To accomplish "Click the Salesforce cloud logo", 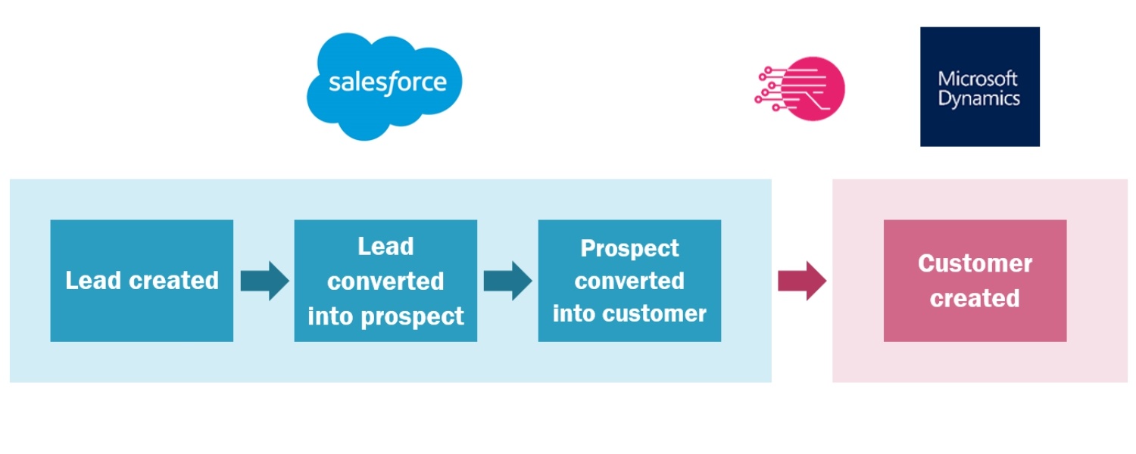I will pyautogui.click(x=384, y=85).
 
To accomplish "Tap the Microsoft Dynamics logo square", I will pyautogui.click(x=979, y=86).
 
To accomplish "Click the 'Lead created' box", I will pyautogui.click(x=142, y=281).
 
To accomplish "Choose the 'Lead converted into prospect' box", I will pyautogui.click(x=385, y=281).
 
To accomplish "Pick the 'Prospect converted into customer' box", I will pyautogui.click(x=629, y=281).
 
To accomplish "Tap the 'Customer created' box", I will pyautogui.click(x=975, y=281).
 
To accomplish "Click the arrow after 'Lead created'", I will pyautogui.click(x=264, y=281).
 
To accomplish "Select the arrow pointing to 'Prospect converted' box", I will pyautogui.click(x=507, y=281).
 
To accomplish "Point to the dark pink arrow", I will pyautogui.click(x=801, y=281).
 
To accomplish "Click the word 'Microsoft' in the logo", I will pyautogui.click(x=978, y=79).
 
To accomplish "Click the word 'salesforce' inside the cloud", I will pyautogui.click(x=387, y=82).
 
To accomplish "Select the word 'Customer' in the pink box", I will pyautogui.click(x=975, y=263).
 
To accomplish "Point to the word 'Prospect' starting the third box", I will pyautogui.click(x=629, y=248).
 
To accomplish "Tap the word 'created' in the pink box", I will pyautogui.click(x=975, y=298).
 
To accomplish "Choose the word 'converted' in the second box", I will pyautogui.click(x=385, y=281).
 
